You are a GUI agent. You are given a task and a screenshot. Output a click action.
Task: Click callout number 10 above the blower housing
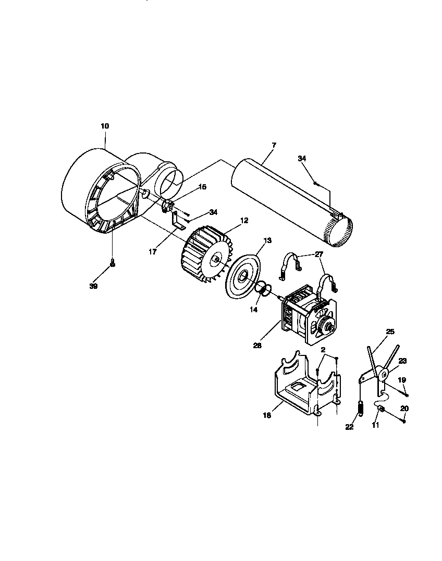coord(105,126)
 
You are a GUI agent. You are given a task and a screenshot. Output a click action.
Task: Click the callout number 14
coord(254,310)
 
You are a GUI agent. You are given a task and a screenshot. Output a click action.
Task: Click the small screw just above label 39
coord(112,264)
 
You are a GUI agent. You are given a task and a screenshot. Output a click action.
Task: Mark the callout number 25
coord(390,331)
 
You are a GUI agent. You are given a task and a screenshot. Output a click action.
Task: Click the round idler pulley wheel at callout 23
coord(384,373)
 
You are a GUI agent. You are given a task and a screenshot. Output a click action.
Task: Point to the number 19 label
coord(401,380)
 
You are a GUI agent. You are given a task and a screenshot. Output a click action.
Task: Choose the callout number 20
coord(404,408)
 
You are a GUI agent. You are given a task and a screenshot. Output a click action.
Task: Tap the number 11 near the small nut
coord(375,425)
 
